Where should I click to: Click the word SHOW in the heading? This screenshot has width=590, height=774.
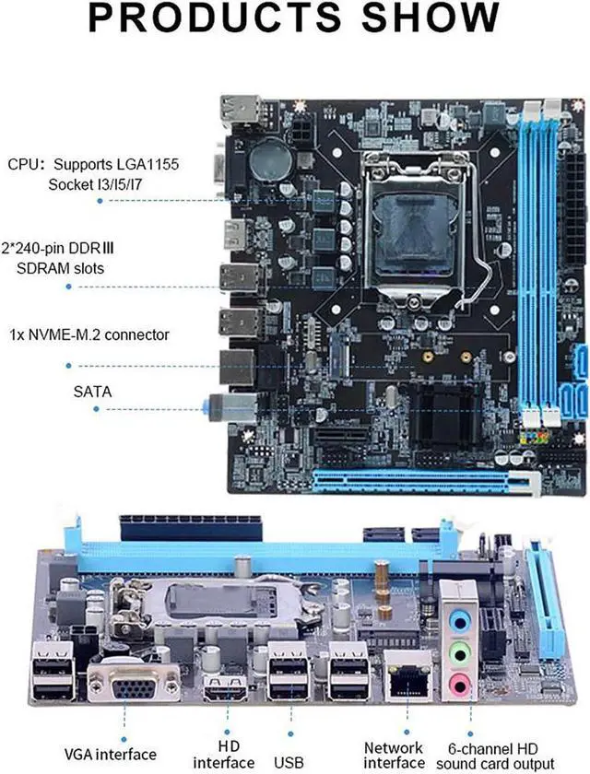tap(425, 20)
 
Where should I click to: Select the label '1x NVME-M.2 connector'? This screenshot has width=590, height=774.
tap(88, 334)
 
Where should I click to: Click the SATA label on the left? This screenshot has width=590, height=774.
tap(92, 391)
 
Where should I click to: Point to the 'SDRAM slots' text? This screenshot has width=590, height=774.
tap(60, 268)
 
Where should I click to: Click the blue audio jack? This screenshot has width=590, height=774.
tap(457, 620)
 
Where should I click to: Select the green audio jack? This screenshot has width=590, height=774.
tap(457, 651)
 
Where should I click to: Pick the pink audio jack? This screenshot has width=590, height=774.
tap(457, 682)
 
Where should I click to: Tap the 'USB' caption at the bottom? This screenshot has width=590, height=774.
tap(289, 762)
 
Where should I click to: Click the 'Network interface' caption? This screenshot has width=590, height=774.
tap(394, 755)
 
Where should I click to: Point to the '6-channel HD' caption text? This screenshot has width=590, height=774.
tap(501, 747)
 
